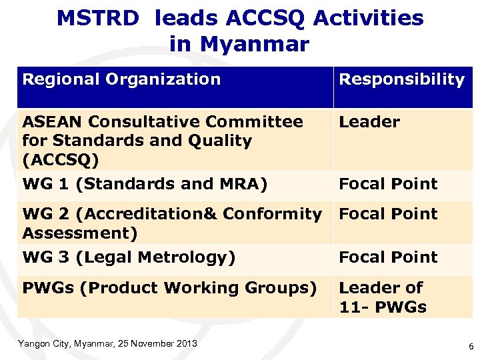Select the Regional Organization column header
pos(121,79)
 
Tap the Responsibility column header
pos(401,79)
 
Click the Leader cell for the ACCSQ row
pos(369,122)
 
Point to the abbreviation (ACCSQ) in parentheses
pos(61,160)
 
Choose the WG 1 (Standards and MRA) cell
pos(145,184)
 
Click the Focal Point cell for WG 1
pos(388,184)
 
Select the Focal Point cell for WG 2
pos(388,214)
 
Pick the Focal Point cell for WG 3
pos(388,257)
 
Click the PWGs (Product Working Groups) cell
pos(169,288)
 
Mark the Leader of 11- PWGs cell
pos(383,297)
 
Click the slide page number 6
pos(471,347)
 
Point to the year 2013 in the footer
pos(187,343)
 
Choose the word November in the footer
pos(152,343)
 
